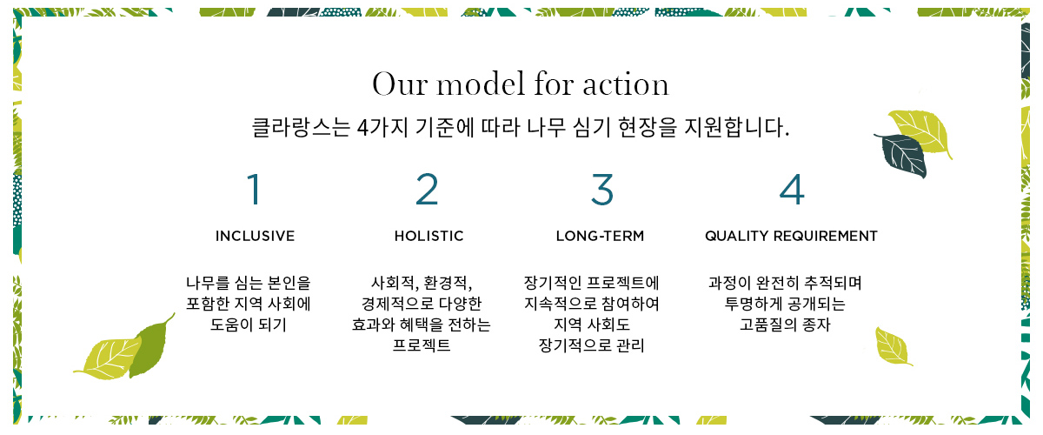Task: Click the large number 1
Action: coord(254,189)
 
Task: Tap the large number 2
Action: coord(427,189)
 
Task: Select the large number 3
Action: coord(602,189)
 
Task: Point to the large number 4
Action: coord(792,189)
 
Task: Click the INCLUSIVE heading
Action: coord(255,236)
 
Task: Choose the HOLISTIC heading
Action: coord(428,236)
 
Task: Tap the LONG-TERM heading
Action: coord(601,236)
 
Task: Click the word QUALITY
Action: coord(737,236)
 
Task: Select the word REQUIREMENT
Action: coord(826,236)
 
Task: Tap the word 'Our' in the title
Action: coord(400,84)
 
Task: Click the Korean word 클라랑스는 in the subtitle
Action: coord(301,127)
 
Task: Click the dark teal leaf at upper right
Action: coord(900,156)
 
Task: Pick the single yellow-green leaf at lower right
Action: coord(894,346)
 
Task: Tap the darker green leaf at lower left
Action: coord(149,346)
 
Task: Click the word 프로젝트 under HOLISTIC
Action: coord(422,345)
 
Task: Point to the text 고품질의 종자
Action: coord(785,325)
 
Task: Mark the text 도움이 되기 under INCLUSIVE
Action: coord(249,325)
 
